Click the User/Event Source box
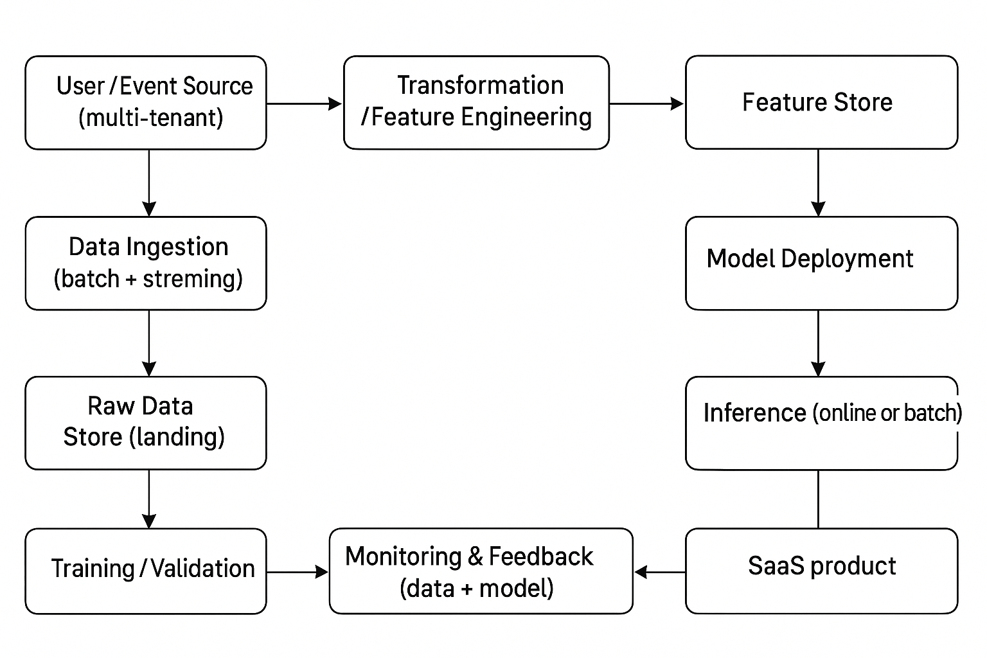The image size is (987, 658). pos(146,103)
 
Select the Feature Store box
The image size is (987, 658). pos(821,103)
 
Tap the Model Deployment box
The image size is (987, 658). pos(821,263)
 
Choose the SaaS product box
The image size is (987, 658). pos(821,571)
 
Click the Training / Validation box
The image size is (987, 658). pos(146,571)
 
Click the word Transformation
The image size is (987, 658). pos(480,85)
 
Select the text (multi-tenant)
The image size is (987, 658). pos(151,118)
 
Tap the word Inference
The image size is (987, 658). pos(754,413)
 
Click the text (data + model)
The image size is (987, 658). pos(476,588)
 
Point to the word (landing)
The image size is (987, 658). pos(177,437)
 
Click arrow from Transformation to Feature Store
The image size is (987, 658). pos(646,103)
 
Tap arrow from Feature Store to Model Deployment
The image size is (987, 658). pos(818,182)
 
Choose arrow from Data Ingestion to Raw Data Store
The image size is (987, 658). pos(149,343)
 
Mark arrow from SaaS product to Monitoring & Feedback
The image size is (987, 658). pos(659,572)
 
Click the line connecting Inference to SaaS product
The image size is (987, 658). pos(818,499)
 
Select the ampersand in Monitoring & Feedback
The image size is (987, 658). pos(476,556)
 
